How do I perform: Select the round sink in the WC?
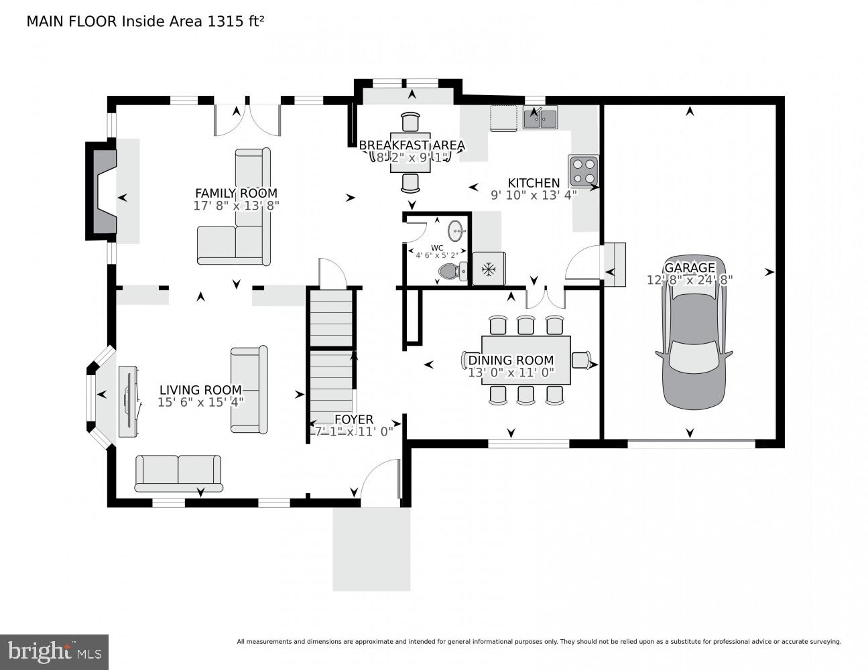456,232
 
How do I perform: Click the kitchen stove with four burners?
582,170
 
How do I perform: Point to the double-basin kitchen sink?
540,119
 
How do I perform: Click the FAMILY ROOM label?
236,193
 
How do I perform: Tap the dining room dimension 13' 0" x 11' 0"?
511,373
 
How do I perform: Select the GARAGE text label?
690,268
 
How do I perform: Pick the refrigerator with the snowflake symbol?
489,269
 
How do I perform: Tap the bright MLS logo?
54,651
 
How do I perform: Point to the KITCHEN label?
534,183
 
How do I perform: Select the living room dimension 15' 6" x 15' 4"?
200,402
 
